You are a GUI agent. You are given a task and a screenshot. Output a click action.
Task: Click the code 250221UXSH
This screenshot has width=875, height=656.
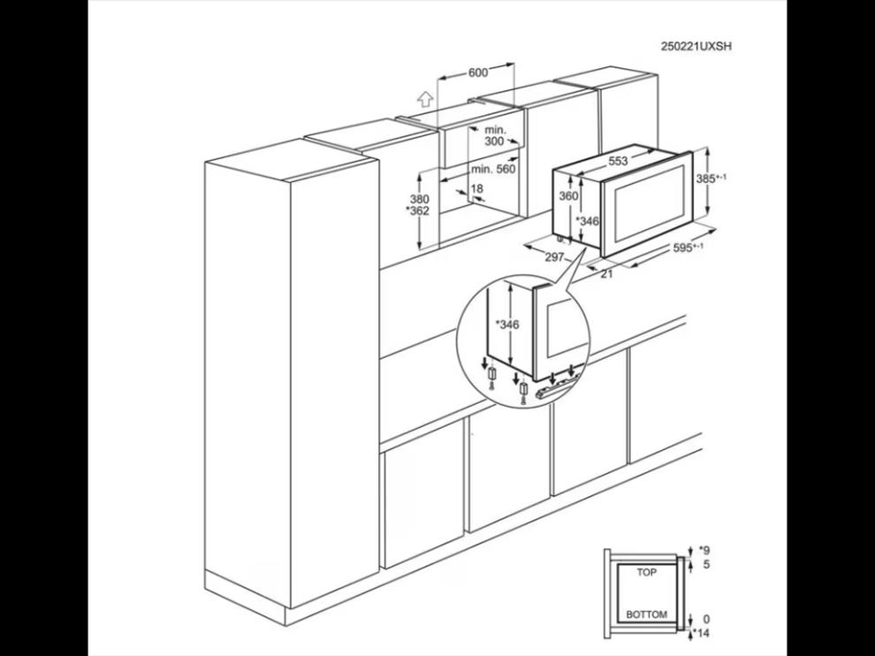(696, 46)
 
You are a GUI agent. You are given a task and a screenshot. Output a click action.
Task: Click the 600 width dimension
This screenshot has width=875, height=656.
(477, 72)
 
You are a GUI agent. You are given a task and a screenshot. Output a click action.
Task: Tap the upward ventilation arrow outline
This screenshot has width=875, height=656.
(425, 99)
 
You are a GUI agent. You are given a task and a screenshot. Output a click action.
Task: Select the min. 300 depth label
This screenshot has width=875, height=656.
(494, 135)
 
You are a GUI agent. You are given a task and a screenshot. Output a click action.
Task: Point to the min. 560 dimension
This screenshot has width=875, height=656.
(493, 169)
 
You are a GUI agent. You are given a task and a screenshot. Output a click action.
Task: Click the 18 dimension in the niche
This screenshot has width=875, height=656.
(476, 188)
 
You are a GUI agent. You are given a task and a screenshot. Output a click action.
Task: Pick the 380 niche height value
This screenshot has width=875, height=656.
(420, 199)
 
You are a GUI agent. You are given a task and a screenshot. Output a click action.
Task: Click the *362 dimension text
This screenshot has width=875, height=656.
(417, 210)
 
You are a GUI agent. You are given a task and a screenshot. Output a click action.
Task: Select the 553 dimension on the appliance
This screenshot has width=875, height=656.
(618, 161)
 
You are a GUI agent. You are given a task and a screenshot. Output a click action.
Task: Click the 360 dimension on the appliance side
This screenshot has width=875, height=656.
(568, 195)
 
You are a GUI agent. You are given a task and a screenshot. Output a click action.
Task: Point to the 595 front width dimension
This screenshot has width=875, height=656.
(688, 248)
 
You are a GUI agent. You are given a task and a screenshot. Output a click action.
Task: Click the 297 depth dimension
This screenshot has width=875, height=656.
(554, 256)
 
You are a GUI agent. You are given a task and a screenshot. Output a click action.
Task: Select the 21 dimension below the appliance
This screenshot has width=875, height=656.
(606, 273)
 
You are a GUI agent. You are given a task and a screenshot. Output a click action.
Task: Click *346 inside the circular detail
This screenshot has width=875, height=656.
(507, 324)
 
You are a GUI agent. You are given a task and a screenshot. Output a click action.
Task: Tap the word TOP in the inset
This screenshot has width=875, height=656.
(647, 572)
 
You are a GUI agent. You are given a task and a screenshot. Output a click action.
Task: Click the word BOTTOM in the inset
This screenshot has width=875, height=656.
(646, 614)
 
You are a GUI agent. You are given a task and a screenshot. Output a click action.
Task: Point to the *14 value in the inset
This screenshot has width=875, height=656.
(701, 633)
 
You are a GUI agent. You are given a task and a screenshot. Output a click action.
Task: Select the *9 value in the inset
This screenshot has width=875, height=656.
(704, 550)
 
